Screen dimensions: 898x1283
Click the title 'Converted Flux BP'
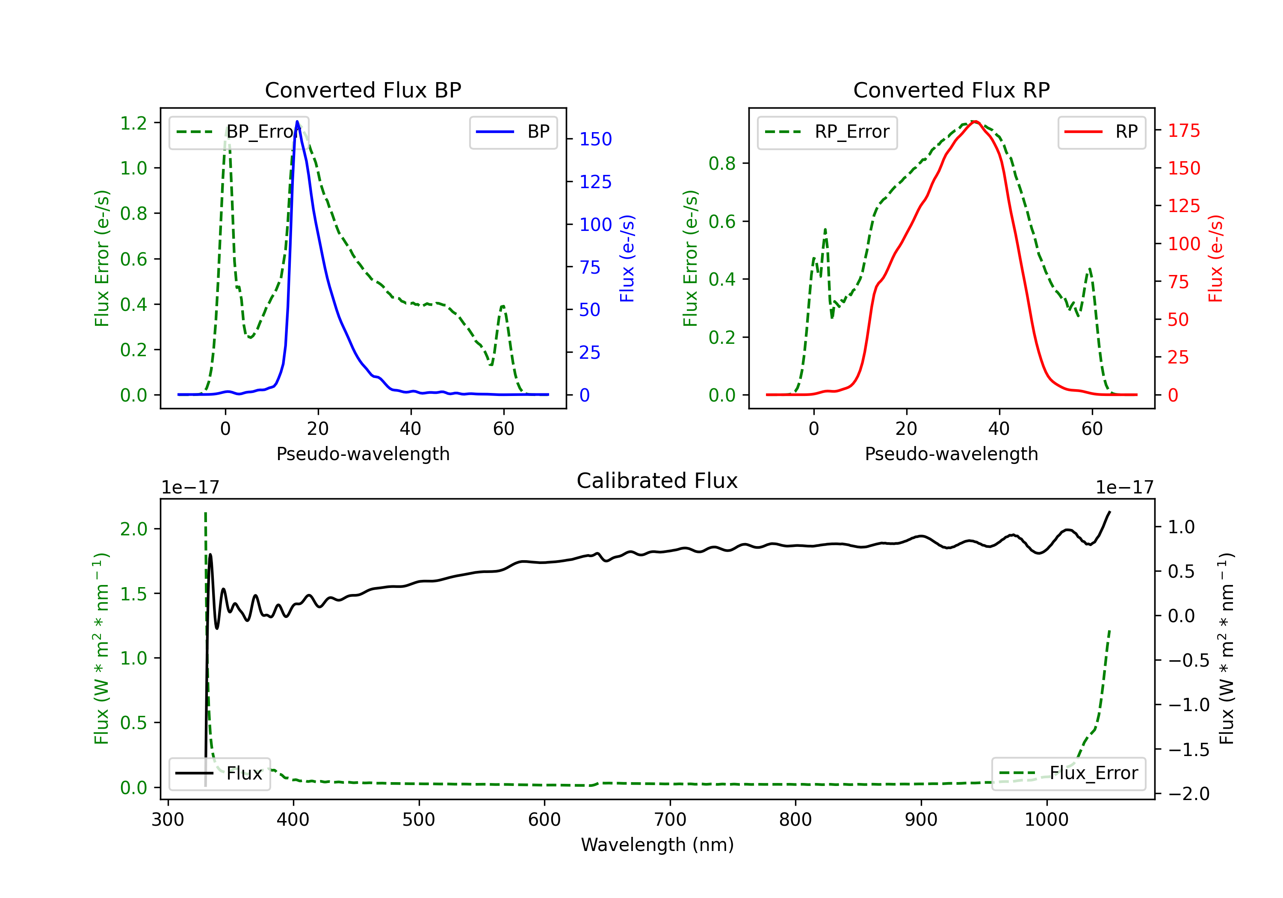point(363,90)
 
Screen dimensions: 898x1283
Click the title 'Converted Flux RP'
point(951,90)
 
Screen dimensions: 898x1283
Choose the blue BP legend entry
point(513,132)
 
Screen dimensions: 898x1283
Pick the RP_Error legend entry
point(827,132)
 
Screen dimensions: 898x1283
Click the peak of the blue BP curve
point(297,121)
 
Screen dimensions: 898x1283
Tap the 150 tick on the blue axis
point(595,139)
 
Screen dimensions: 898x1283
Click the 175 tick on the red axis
point(1183,131)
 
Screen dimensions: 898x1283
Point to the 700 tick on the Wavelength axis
point(670,820)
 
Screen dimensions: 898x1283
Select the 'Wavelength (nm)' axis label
point(657,845)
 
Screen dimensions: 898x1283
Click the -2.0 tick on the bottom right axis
point(1188,794)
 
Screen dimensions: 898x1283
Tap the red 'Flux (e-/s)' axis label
point(1215,258)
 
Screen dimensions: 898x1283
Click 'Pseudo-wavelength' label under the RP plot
point(951,454)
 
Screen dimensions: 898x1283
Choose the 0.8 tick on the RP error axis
point(722,163)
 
